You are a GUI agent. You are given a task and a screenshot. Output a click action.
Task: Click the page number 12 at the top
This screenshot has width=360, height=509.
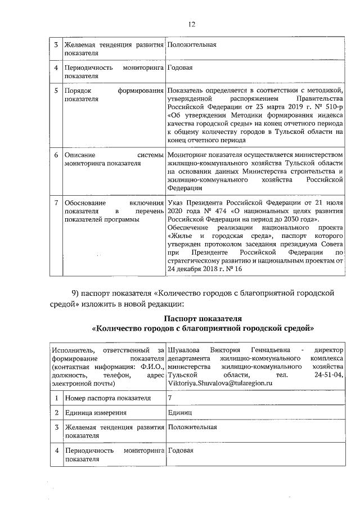coord(191,24)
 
